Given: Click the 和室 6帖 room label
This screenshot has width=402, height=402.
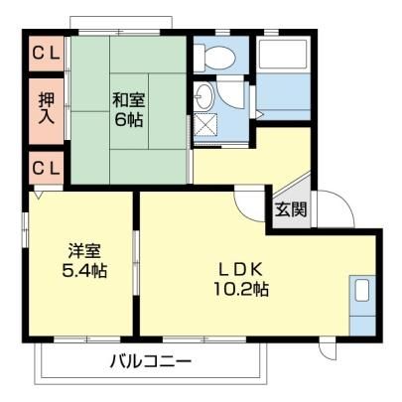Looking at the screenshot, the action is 128,110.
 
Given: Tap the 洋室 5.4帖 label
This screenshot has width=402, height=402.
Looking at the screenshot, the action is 84,261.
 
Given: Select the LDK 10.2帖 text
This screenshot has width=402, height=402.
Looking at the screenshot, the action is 241,280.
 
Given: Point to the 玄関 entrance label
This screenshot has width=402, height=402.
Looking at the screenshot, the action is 291,209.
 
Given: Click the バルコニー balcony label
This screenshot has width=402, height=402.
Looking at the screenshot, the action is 151,361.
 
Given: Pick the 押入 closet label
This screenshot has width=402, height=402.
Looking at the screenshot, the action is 47,109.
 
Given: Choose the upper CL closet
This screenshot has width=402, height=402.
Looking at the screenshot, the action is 47,54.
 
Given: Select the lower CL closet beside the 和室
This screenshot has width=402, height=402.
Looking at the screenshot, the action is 47,168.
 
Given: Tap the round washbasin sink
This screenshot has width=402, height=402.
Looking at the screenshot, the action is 204,96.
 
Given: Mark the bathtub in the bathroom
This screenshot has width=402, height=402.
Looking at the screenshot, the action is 283,56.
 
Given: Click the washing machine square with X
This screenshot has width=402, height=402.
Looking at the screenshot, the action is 205,124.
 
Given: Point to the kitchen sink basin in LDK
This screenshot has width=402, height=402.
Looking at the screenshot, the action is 363,290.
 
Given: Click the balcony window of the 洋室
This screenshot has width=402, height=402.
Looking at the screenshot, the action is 87,339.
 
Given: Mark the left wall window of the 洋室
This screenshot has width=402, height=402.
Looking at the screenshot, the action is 25,230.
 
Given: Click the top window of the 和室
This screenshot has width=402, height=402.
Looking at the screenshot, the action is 119,33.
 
